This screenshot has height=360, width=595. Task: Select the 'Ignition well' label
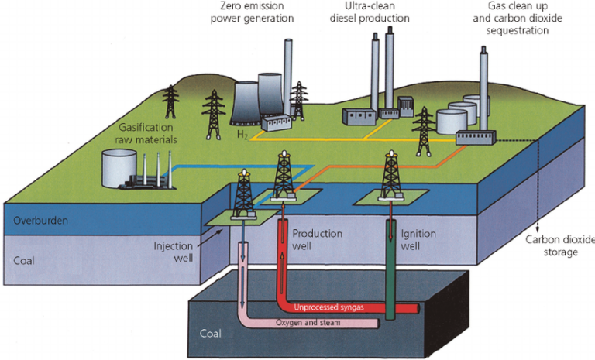pyautogui.click(x=418, y=240)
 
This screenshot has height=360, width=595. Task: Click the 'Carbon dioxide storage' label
pyautogui.click(x=556, y=246)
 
